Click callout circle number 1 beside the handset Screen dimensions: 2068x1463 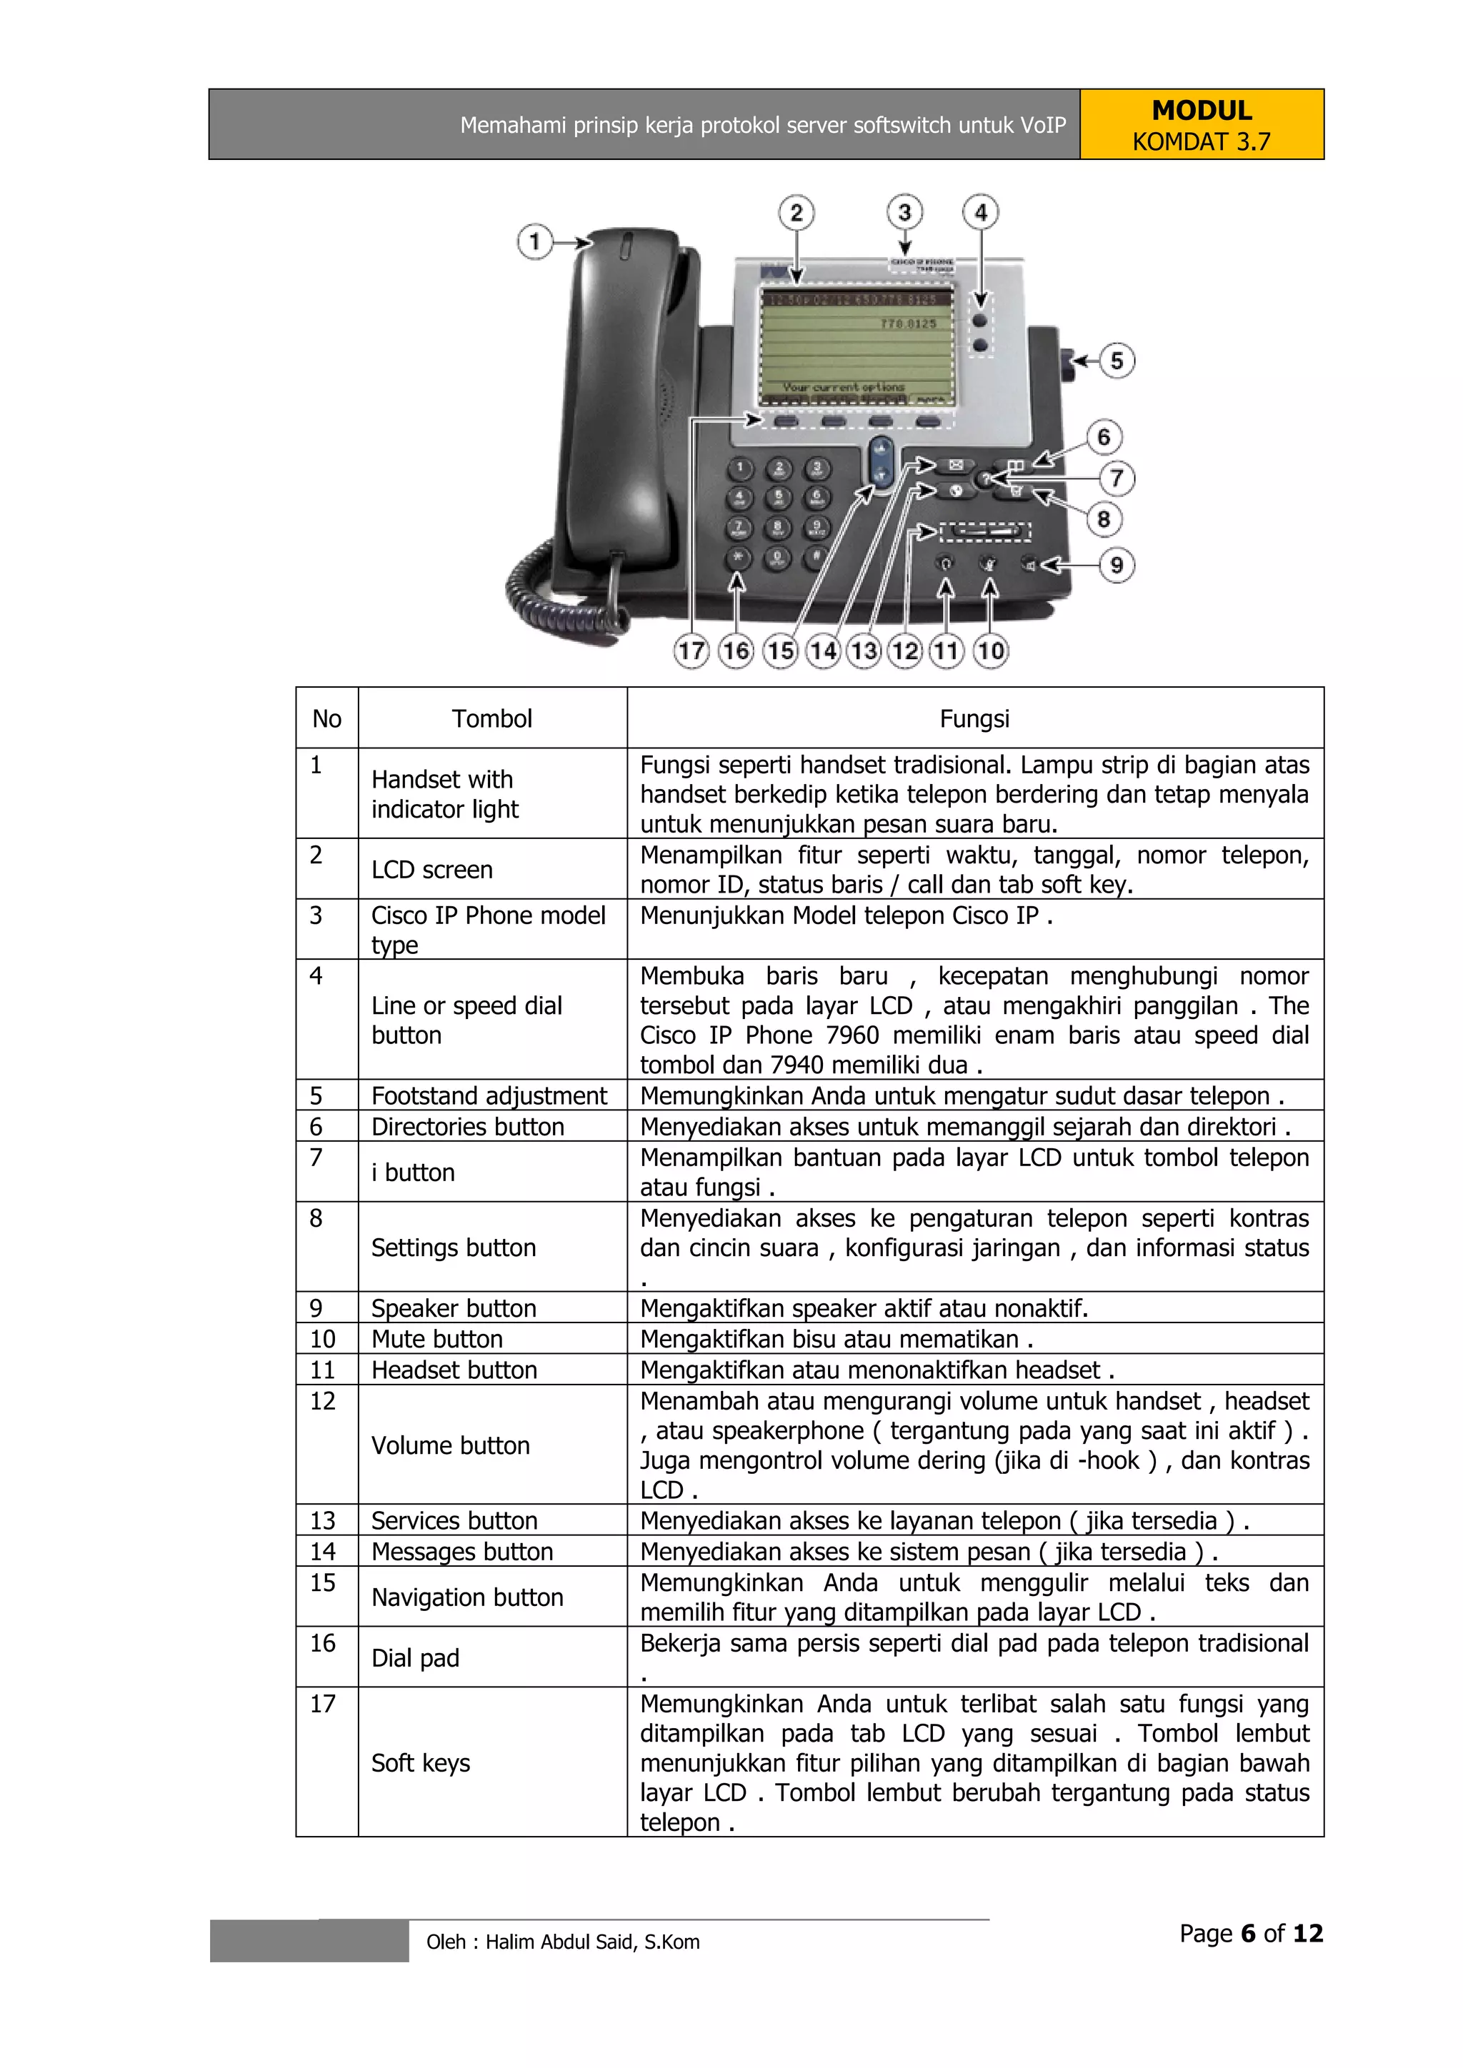click(x=534, y=242)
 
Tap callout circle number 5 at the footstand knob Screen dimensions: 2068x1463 click(x=1116, y=361)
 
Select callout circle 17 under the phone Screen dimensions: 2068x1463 click(x=691, y=651)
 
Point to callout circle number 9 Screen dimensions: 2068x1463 click(x=1116, y=565)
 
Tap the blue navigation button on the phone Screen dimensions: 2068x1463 click(x=882, y=463)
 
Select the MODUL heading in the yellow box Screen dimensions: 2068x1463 click(x=1201, y=111)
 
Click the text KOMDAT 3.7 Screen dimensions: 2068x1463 click(x=1201, y=142)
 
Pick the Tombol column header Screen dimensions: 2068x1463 click(x=492, y=719)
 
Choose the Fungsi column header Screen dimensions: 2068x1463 click(x=974, y=719)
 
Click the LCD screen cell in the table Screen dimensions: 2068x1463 click(x=432, y=869)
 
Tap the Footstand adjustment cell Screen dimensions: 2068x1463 click(x=489, y=1095)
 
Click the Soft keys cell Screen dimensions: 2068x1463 click(x=421, y=1762)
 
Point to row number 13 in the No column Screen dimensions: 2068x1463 click(x=322, y=1520)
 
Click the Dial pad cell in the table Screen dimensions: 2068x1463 click(x=415, y=1657)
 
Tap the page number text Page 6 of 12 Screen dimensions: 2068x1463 click(x=1250, y=1933)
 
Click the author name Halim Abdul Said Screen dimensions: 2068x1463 click(x=562, y=1942)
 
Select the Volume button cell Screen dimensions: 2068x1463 click(x=451, y=1445)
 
